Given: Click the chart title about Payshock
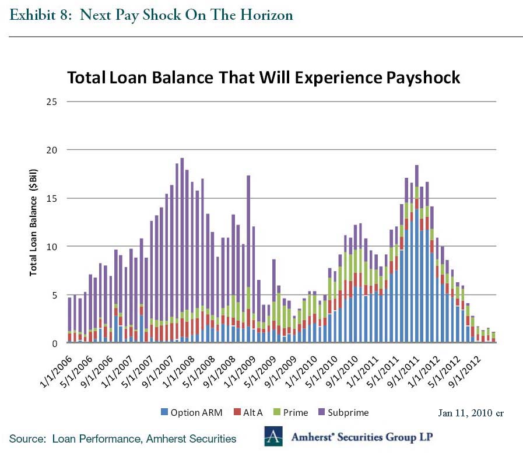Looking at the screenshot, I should tap(264, 78).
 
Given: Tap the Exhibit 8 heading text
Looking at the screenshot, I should tap(151, 15).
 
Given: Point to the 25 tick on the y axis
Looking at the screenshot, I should tap(54, 101).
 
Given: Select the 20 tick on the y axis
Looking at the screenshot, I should tap(54, 150).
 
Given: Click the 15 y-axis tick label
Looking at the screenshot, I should tap(54, 198).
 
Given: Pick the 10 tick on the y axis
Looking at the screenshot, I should tap(54, 247).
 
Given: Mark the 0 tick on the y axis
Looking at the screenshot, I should tap(56, 343).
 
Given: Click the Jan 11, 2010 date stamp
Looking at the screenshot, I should tap(471, 413).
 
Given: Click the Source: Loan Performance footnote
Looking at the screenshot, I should tap(122, 439).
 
